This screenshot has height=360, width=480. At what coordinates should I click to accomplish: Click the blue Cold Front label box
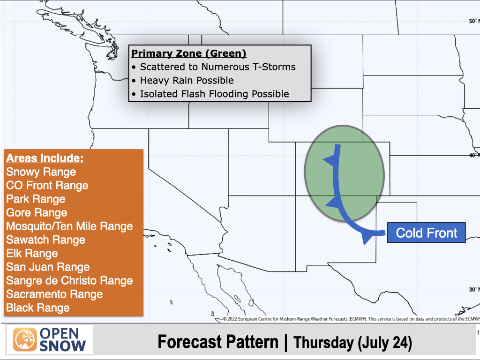(427, 232)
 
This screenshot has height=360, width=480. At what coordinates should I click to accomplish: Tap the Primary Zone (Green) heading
(188, 53)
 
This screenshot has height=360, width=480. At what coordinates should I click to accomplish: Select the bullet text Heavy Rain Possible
(187, 80)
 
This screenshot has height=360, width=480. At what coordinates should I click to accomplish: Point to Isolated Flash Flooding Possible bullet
(214, 94)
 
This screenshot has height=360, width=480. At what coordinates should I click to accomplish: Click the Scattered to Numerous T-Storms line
(217, 67)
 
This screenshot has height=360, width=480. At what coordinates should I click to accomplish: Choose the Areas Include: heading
(45, 158)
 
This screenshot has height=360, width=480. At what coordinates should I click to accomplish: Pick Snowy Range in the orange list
(41, 172)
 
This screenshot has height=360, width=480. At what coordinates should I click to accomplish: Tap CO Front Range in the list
(47, 185)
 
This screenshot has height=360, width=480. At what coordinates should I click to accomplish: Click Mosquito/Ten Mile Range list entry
(69, 226)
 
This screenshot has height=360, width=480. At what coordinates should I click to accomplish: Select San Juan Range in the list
(48, 267)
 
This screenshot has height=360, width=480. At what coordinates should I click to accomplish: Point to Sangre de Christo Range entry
(69, 280)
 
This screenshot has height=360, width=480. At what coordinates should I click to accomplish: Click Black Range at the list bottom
(37, 307)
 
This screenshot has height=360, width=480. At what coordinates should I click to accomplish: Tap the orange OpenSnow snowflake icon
(25, 340)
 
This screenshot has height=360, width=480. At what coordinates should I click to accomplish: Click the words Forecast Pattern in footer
(218, 342)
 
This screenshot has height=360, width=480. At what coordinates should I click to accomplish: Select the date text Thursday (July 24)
(352, 343)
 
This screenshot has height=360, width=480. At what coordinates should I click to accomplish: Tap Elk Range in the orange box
(32, 253)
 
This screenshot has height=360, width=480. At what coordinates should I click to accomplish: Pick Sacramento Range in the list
(54, 294)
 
